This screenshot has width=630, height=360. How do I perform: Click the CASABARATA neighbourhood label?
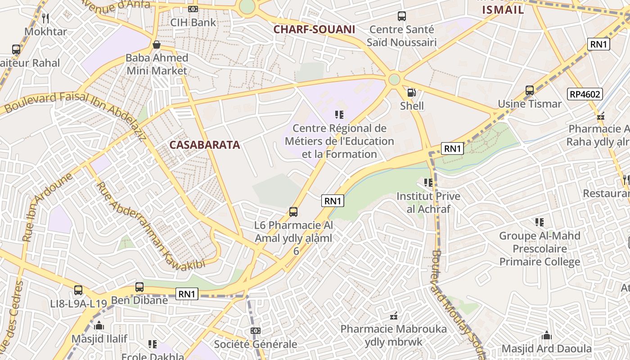[x=204, y=145]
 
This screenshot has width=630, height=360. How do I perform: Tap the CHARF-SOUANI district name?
[x=314, y=30]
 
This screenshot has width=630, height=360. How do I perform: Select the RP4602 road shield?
[x=585, y=94]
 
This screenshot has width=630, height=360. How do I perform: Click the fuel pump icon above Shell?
[x=411, y=93]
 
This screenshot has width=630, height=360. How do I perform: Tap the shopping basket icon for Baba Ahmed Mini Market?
[x=157, y=45]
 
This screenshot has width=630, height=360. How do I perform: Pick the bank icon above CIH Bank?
[x=193, y=9]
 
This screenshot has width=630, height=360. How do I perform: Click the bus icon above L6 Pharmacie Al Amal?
[x=293, y=211]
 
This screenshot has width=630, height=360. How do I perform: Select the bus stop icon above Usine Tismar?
[x=530, y=90]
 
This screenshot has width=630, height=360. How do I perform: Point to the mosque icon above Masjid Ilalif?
[x=99, y=325]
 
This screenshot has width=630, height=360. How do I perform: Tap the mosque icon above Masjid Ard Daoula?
[x=547, y=335]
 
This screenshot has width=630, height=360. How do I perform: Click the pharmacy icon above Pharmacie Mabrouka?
[x=394, y=316]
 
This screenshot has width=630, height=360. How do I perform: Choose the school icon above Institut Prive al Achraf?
[x=428, y=183]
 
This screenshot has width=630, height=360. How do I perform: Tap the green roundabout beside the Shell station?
[x=394, y=80]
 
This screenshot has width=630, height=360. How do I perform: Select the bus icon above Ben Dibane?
[x=139, y=287]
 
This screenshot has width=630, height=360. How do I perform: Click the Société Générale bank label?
[x=255, y=344]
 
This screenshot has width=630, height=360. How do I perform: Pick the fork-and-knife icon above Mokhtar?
[x=45, y=18]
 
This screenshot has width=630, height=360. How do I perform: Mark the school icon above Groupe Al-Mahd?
[x=539, y=222]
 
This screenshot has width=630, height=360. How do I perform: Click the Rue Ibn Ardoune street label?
[x=48, y=206]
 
